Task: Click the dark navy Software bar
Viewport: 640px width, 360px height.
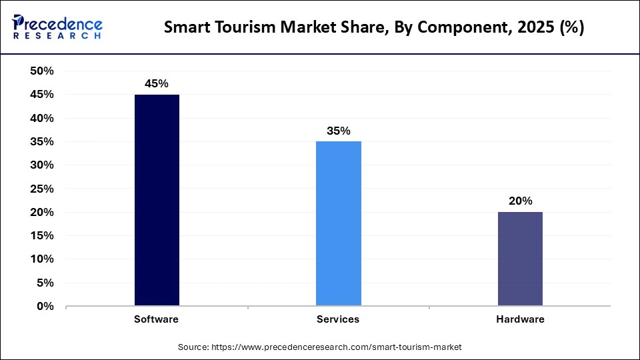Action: tap(157, 200)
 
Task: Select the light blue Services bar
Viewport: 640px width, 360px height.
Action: tap(339, 223)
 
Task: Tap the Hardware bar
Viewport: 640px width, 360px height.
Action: tap(520, 259)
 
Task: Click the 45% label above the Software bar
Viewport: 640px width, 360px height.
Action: tap(157, 84)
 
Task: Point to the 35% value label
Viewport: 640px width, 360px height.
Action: tap(339, 131)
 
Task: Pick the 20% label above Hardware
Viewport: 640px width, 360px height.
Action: tap(520, 201)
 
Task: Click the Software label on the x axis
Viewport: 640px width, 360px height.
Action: tap(157, 319)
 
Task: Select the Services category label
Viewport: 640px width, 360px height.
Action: tap(338, 319)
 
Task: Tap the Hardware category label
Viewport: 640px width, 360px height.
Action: tap(520, 319)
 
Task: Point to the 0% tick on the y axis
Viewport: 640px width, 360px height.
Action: tap(46, 307)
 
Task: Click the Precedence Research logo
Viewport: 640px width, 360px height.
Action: tap(57, 27)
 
